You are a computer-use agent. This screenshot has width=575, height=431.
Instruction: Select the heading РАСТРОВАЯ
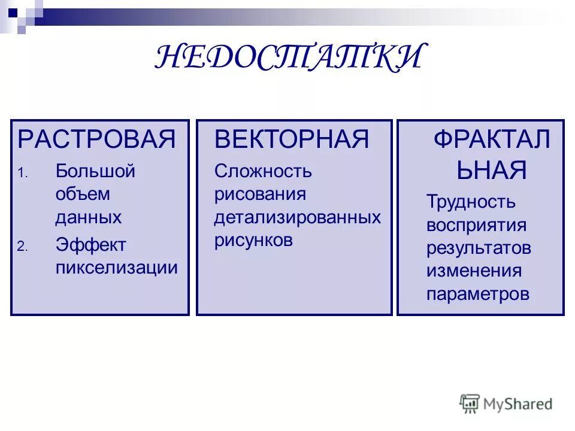97,139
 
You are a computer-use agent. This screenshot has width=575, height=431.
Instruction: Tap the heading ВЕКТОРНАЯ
292,139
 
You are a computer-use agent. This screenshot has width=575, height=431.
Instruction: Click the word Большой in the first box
95,171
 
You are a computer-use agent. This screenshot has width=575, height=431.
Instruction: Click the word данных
88,217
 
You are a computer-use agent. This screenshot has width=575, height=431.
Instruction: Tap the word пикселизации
116,267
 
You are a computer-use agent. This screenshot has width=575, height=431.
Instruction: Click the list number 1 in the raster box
22,174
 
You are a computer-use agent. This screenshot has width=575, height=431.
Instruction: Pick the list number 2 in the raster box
22,247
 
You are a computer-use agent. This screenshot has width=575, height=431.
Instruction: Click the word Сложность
263,171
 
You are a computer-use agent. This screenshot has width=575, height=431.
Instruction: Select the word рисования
260,194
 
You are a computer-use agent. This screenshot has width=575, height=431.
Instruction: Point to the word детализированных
297,217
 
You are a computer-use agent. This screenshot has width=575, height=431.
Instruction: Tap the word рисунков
253,240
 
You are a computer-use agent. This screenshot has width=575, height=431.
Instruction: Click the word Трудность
470,202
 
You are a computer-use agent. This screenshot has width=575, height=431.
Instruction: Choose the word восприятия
476,226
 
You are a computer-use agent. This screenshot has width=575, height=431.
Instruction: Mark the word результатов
479,248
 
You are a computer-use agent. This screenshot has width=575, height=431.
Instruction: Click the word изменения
474,271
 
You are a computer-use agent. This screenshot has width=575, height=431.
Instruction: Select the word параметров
477,294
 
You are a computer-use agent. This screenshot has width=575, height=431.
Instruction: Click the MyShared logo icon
470,403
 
